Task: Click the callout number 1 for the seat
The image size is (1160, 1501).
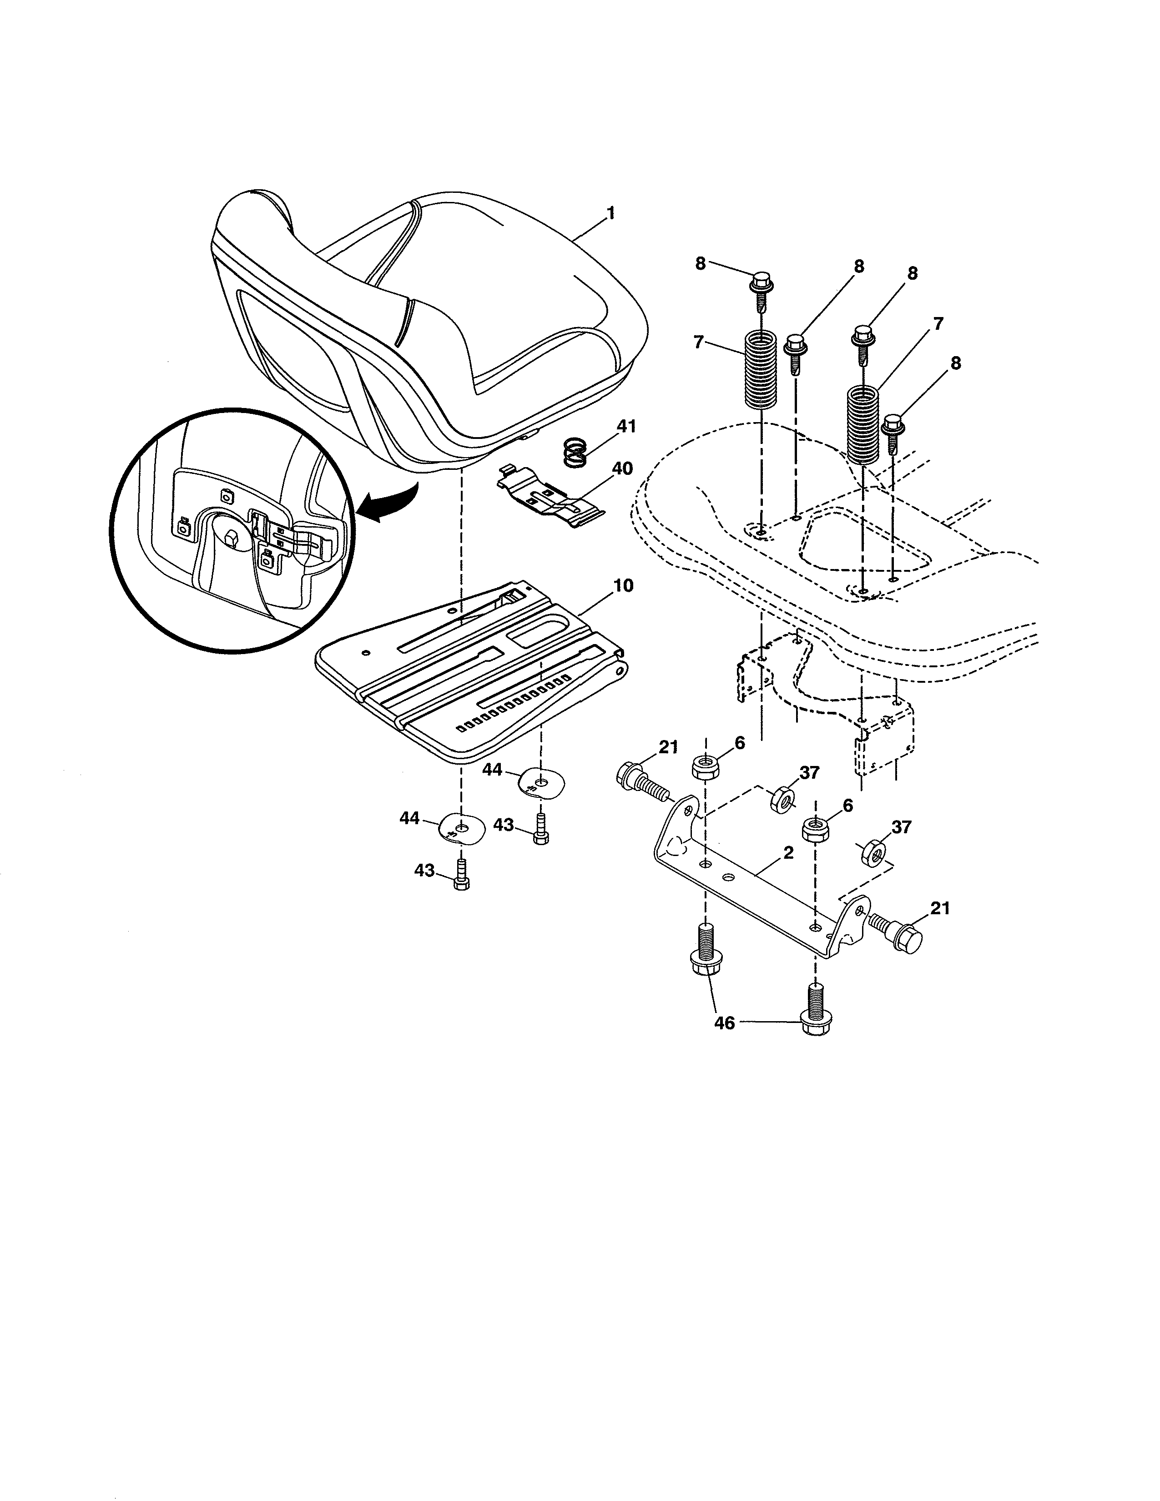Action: [x=610, y=214]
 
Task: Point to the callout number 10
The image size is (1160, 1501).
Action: [x=623, y=585]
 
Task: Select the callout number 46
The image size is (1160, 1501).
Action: [x=724, y=1043]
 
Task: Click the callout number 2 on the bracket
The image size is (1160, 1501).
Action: [x=788, y=853]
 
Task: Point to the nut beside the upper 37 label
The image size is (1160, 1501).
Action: [x=782, y=799]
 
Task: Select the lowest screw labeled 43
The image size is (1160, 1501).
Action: [x=461, y=878]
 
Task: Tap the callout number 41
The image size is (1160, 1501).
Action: [x=626, y=426]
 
